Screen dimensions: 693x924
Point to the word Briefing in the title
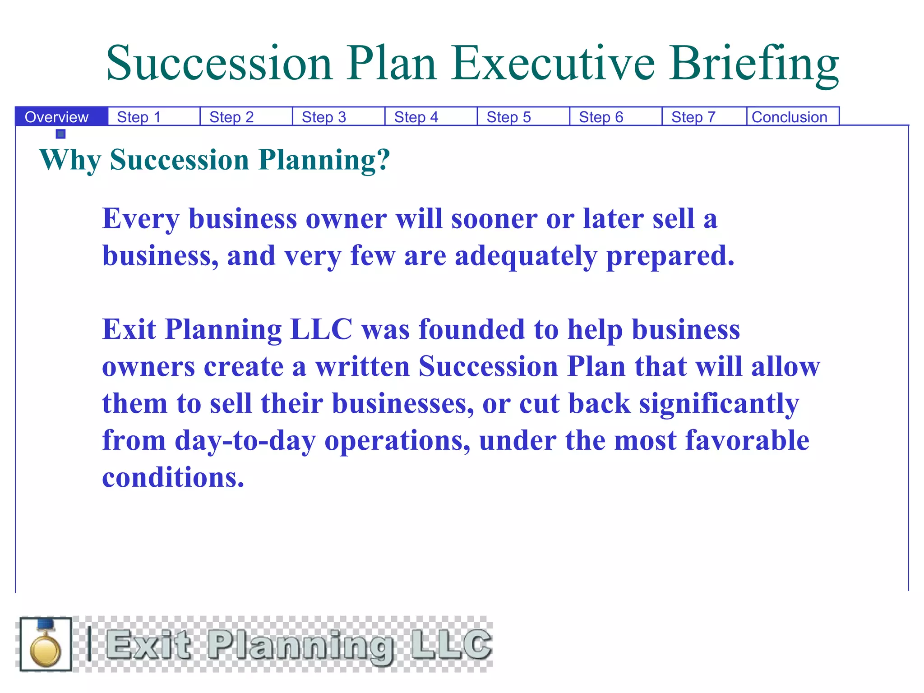pyautogui.click(x=754, y=64)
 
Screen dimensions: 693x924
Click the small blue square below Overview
pyautogui.click(x=61, y=134)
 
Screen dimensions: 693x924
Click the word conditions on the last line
pyautogui.click(x=173, y=478)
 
